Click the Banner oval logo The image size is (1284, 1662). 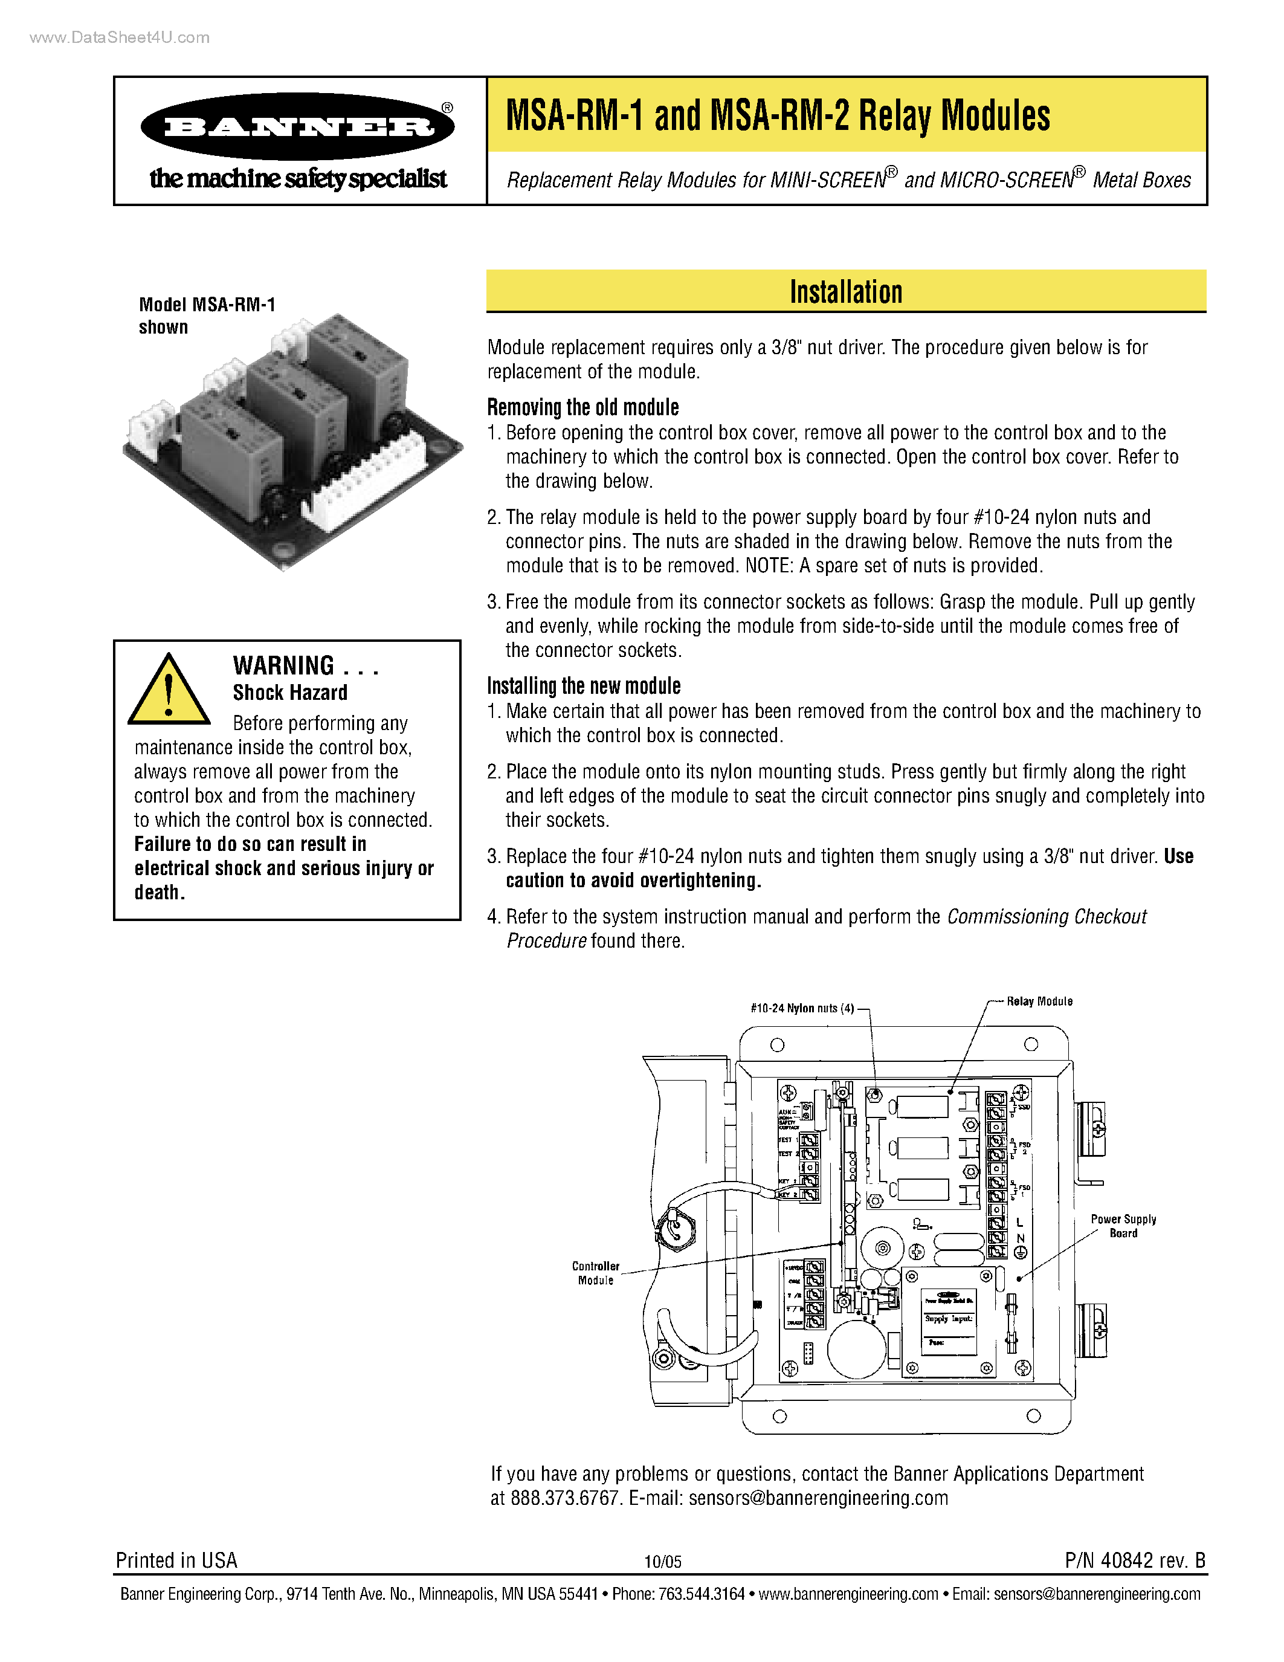click(x=297, y=126)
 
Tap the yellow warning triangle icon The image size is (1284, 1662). click(x=168, y=691)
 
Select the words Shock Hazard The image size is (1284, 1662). click(x=290, y=693)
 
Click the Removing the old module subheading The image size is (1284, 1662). click(x=582, y=407)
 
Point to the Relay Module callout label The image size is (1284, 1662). click(x=1039, y=1001)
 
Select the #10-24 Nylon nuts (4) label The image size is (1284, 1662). click(x=802, y=1008)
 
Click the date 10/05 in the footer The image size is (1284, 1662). click(x=662, y=1562)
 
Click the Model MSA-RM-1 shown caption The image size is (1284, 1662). click(x=206, y=315)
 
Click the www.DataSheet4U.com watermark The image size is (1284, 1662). click(x=120, y=37)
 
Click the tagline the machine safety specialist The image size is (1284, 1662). click(x=297, y=179)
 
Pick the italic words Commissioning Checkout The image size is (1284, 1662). click(x=1046, y=916)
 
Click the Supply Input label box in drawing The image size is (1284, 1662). click(x=949, y=1319)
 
